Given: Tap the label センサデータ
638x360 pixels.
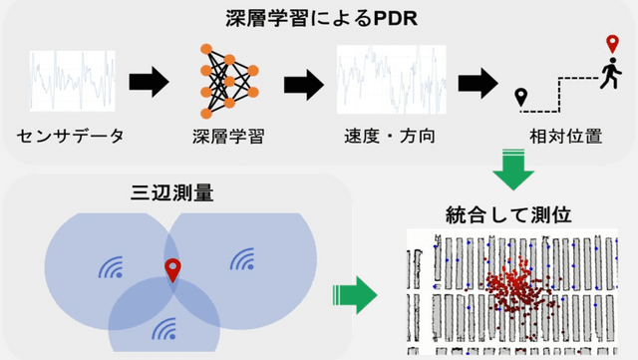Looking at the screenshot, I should (71, 136).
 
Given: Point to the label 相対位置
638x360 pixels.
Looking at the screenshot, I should (566, 136).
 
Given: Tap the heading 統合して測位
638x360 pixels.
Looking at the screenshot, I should (509, 213).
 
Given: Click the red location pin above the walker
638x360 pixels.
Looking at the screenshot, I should (613, 45).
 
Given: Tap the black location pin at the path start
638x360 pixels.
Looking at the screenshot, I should (520, 98).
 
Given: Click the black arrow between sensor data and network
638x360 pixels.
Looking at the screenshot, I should (147, 81).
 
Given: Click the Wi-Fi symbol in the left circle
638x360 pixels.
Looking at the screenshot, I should (109, 266).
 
